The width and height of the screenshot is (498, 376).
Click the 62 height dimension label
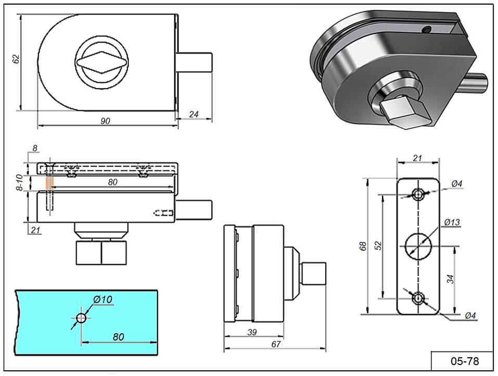coord(16,59)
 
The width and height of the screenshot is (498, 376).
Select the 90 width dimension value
coord(105,121)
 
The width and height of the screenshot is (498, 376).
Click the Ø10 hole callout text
coord(103,299)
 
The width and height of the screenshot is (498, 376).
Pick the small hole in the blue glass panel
coord(81,318)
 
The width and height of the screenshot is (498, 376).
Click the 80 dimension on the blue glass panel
coord(119,336)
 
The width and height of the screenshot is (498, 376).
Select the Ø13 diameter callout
coord(452,223)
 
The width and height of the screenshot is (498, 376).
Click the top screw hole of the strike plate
coord(418,194)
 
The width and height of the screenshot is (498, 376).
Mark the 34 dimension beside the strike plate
coord(451,279)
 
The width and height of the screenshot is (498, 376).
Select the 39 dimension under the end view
coord(253,332)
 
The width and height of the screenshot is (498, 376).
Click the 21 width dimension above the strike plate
coord(417,158)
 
